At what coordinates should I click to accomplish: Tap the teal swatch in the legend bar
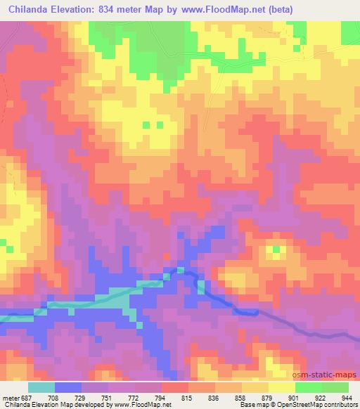click(x=41, y=387)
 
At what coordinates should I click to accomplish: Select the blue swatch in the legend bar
click(x=68, y=387)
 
